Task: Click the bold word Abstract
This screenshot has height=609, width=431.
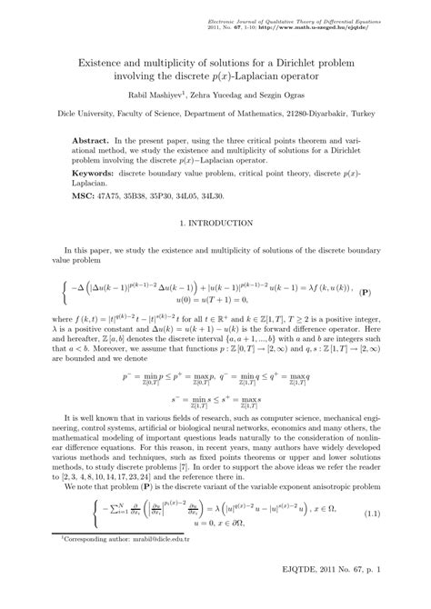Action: click(x=92, y=144)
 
